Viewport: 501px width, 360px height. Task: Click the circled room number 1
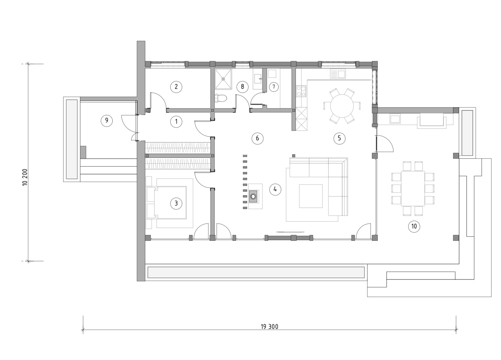click(176, 121)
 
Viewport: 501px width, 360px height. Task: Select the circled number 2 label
click(176, 87)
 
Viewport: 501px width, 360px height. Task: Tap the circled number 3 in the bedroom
click(176, 203)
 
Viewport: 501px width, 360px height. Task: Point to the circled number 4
click(275, 190)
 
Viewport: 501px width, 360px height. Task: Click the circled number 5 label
click(339, 138)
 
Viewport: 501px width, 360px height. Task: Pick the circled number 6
click(257, 138)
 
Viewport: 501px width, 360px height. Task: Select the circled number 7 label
click(273, 87)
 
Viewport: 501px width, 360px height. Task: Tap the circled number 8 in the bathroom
click(242, 87)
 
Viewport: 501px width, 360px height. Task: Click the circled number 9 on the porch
click(107, 120)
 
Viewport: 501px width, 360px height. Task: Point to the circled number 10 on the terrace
click(414, 226)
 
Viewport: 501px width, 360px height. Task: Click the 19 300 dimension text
click(269, 327)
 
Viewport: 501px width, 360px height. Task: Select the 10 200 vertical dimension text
click(25, 177)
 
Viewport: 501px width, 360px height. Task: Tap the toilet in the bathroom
click(221, 98)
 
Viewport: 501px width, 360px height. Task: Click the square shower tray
click(223, 79)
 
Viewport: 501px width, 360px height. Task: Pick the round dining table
click(342, 106)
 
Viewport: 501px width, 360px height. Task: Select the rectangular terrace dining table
click(413, 189)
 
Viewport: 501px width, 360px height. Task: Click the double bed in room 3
click(170, 203)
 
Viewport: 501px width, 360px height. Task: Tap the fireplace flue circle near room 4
click(254, 196)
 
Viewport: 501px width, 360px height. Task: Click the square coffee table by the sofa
click(311, 196)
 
